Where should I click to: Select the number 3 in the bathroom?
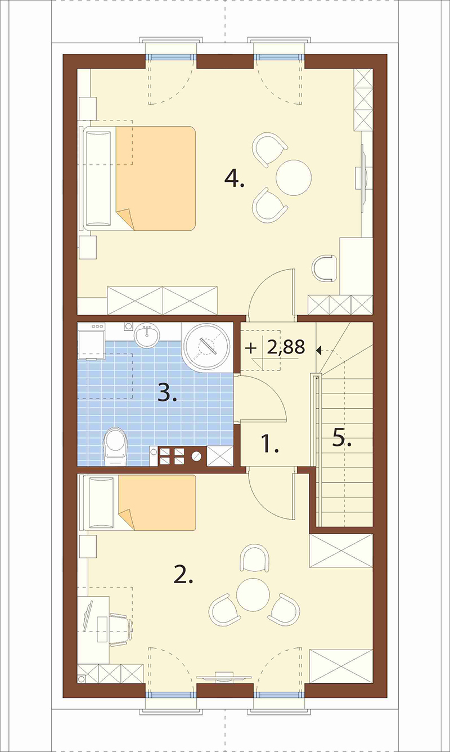[x=166, y=393]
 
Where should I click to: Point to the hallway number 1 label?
[x=270, y=444]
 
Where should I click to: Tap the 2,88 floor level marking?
[x=286, y=347]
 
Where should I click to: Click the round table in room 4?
[x=294, y=178]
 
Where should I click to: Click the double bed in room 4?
[x=138, y=178]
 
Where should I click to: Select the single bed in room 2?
[x=138, y=502]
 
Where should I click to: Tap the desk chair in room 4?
[x=324, y=267]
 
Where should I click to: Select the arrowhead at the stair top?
[x=318, y=351]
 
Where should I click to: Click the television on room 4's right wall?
[x=363, y=178]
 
